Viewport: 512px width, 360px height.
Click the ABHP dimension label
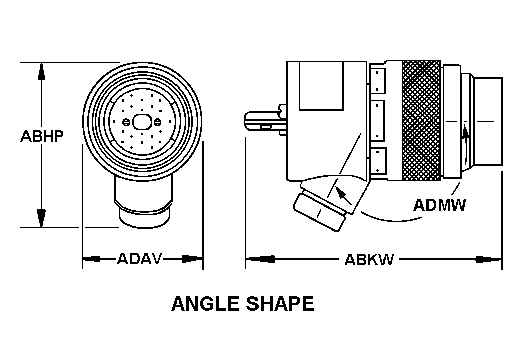[x=42, y=136]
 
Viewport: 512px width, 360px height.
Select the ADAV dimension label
[x=140, y=259]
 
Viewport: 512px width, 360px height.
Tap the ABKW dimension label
[x=369, y=260]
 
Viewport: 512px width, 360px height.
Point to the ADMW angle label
[x=439, y=205]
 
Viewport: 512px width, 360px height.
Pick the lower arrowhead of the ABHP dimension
[x=42, y=219]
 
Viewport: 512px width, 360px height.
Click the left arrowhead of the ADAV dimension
[x=91, y=259]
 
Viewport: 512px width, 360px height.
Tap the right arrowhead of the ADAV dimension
[x=194, y=259]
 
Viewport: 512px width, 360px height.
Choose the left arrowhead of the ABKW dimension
[x=254, y=259]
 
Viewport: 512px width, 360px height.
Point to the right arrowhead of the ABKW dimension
[x=493, y=259]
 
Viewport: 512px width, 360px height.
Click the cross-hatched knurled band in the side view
[x=421, y=121]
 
